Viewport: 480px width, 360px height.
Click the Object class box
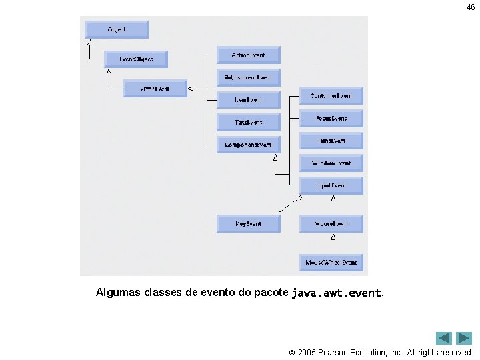click(116, 29)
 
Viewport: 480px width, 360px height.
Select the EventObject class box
click(135, 59)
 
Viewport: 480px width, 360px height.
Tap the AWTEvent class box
click(155, 89)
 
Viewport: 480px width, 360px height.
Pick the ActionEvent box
click(248, 55)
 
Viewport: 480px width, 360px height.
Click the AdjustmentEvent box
click(248, 77)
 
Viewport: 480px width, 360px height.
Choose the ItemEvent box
click(248, 100)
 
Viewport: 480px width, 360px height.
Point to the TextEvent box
click(248, 123)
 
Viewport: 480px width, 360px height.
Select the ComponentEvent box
click(248, 145)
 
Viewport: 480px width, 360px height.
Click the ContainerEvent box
click(331, 96)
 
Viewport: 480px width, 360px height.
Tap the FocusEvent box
click(331, 119)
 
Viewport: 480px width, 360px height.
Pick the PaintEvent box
click(331, 141)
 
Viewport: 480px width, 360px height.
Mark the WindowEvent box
click(331, 163)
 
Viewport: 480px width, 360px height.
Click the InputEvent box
click(331, 185)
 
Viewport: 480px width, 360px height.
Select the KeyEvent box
click(248, 224)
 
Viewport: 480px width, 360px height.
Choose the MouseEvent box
click(331, 224)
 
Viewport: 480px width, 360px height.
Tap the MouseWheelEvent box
click(331, 263)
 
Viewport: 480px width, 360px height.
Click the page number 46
click(471, 7)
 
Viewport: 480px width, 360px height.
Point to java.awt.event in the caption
click(337, 293)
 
